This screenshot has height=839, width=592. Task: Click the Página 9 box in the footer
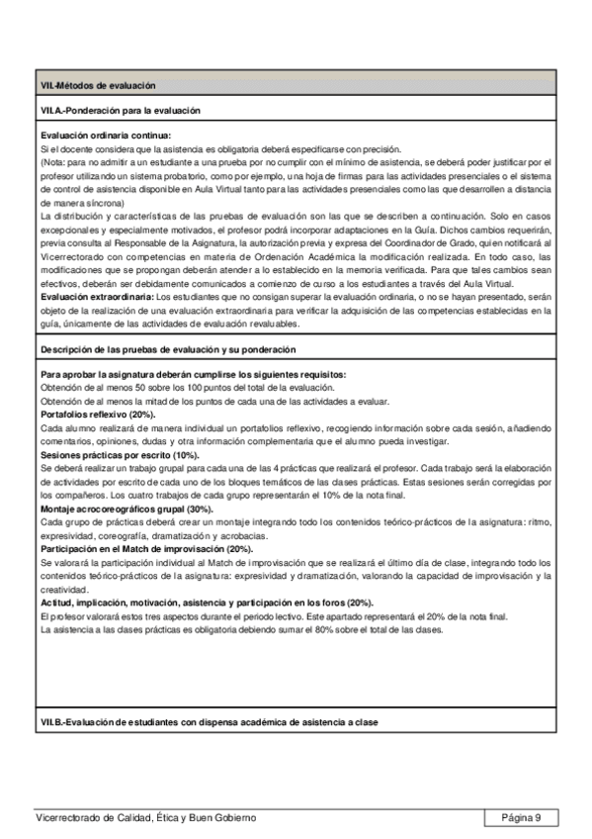(521, 817)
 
